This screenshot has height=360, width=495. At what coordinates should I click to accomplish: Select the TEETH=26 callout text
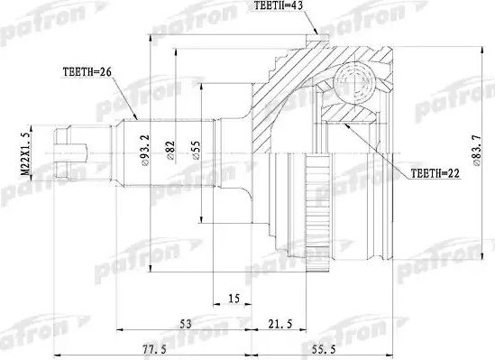88,71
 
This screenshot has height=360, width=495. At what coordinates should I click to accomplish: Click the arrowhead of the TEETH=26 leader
136,118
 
